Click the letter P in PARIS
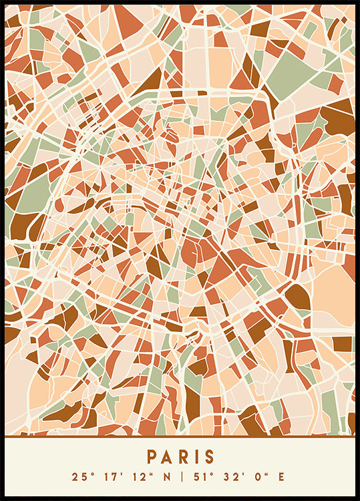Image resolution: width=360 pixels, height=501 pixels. tap(152, 457)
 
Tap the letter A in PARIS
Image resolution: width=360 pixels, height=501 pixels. tap(167, 457)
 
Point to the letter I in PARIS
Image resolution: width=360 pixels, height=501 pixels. tap(196, 457)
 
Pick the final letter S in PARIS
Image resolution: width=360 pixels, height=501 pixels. tap(210, 457)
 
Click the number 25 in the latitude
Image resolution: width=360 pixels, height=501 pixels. tap(79, 477)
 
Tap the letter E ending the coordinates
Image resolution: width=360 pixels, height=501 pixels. tap(281, 477)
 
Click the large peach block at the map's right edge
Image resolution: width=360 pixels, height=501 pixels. tap(334, 297)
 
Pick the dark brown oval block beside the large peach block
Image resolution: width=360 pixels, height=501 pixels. tap(298, 297)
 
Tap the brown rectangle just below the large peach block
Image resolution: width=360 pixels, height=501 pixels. tap(343, 344)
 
